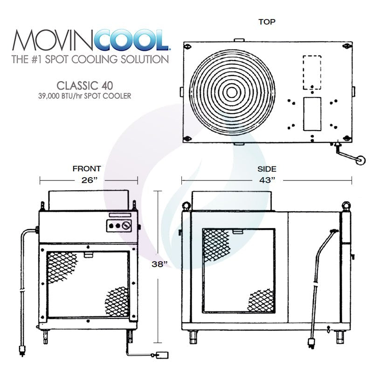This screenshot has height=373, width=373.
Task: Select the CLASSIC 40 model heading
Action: pyautogui.click(x=84, y=86)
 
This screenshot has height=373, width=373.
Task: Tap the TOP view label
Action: pyautogui.click(x=267, y=21)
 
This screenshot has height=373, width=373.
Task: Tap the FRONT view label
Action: pyautogui.click(x=87, y=169)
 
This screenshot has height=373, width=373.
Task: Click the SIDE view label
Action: pyautogui.click(x=267, y=169)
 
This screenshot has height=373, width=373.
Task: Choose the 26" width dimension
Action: pyautogui.click(x=89, y=180)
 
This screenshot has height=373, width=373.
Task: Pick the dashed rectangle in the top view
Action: pyautogui.click(x=312, y=72)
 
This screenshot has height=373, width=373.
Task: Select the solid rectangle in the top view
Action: pyautogui.click(x=312, y=114)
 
